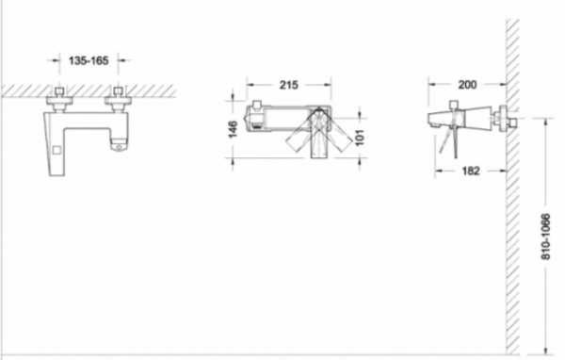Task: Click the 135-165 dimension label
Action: pyautogui.click(x=89, y=60)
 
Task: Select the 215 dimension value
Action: pyautogui.click(x=289, y=85)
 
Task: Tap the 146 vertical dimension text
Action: pyautogui.click(x=234, y=129)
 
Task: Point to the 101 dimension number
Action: pyautogui.click(x=360, y=138)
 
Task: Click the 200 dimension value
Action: pyautogui.click(x=467, y=85)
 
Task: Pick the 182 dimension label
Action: pyautogui.click(x=471, y=171)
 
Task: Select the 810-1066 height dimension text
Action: pyautogui.click(x=546, y=237)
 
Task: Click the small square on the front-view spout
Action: pyautogui.click(x=56, y=150)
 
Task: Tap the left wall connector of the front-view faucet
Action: pyautogui.click(x=59, y=98)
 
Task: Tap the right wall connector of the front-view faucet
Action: pyautogui.click(x=118, y=98)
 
